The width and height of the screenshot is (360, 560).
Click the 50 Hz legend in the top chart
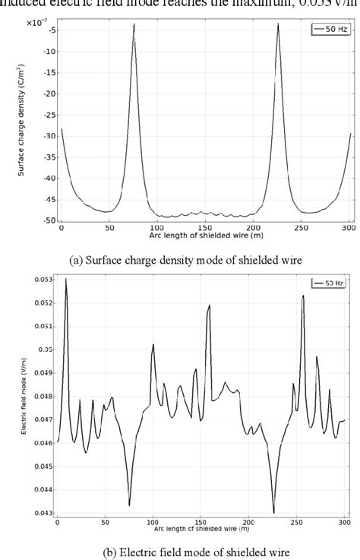330,30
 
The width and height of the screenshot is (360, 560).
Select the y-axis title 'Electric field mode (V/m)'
24,397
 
